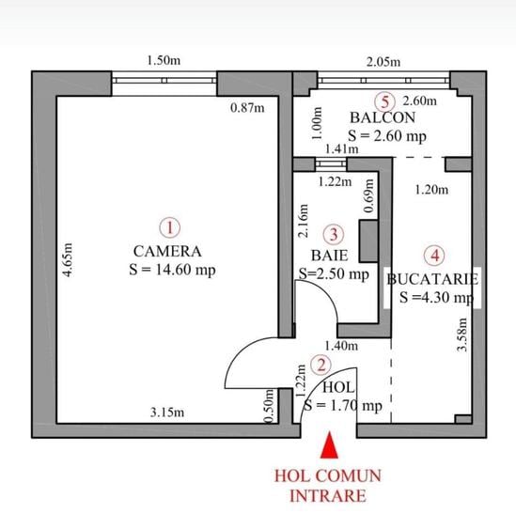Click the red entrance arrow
[x=329, y=445]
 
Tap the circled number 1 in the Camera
[x=170, y=227]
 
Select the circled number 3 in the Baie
[x=334, y=234]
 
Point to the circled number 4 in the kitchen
[x=434, y=256]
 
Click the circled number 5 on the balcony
[x=385, y=101]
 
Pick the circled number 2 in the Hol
[x=321, y=365]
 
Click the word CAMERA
[x=167, y=251]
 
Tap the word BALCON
[x=383, y=117]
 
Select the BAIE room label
[x=329, y=256]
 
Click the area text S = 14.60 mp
[x=172, y=270]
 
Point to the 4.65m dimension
[x=69, y=259]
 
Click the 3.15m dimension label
[x=167, y=412]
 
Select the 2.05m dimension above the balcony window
[x=383, y=62]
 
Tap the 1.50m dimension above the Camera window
[x=164, y=60]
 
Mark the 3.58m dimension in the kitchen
[x=462, y=335]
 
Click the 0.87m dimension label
[x=247, y=108]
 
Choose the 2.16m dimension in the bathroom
[x=304, y=221]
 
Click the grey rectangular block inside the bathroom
[x=368, y=241]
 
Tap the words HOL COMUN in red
[x=328, y=475]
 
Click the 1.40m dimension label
[x=341, y=346]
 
